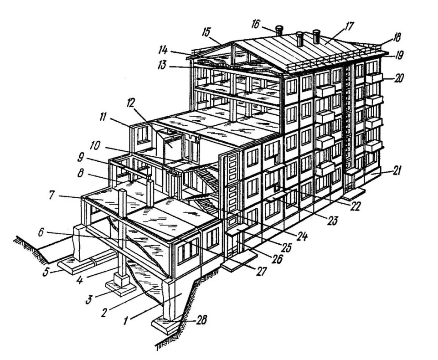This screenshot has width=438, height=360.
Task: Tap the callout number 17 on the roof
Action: pos(350,26)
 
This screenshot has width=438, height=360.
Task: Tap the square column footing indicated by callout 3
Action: pos(121,286)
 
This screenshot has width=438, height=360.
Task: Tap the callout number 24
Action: pos(302,237)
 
